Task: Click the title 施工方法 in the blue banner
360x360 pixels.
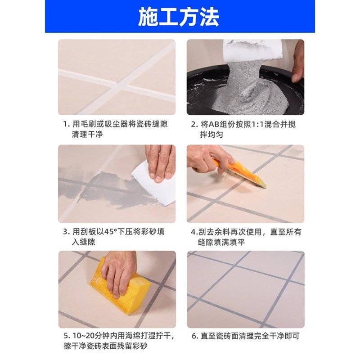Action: click(x=179, y=17)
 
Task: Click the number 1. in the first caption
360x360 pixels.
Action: click(x=66, y=124)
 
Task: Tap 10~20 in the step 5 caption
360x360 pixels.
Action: click(x=81, y=336)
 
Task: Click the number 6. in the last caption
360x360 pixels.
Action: click(x=194, y=336)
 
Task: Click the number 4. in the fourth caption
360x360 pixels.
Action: click(x=194, y=232)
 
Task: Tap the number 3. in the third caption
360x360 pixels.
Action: click(x=66, y=232)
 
